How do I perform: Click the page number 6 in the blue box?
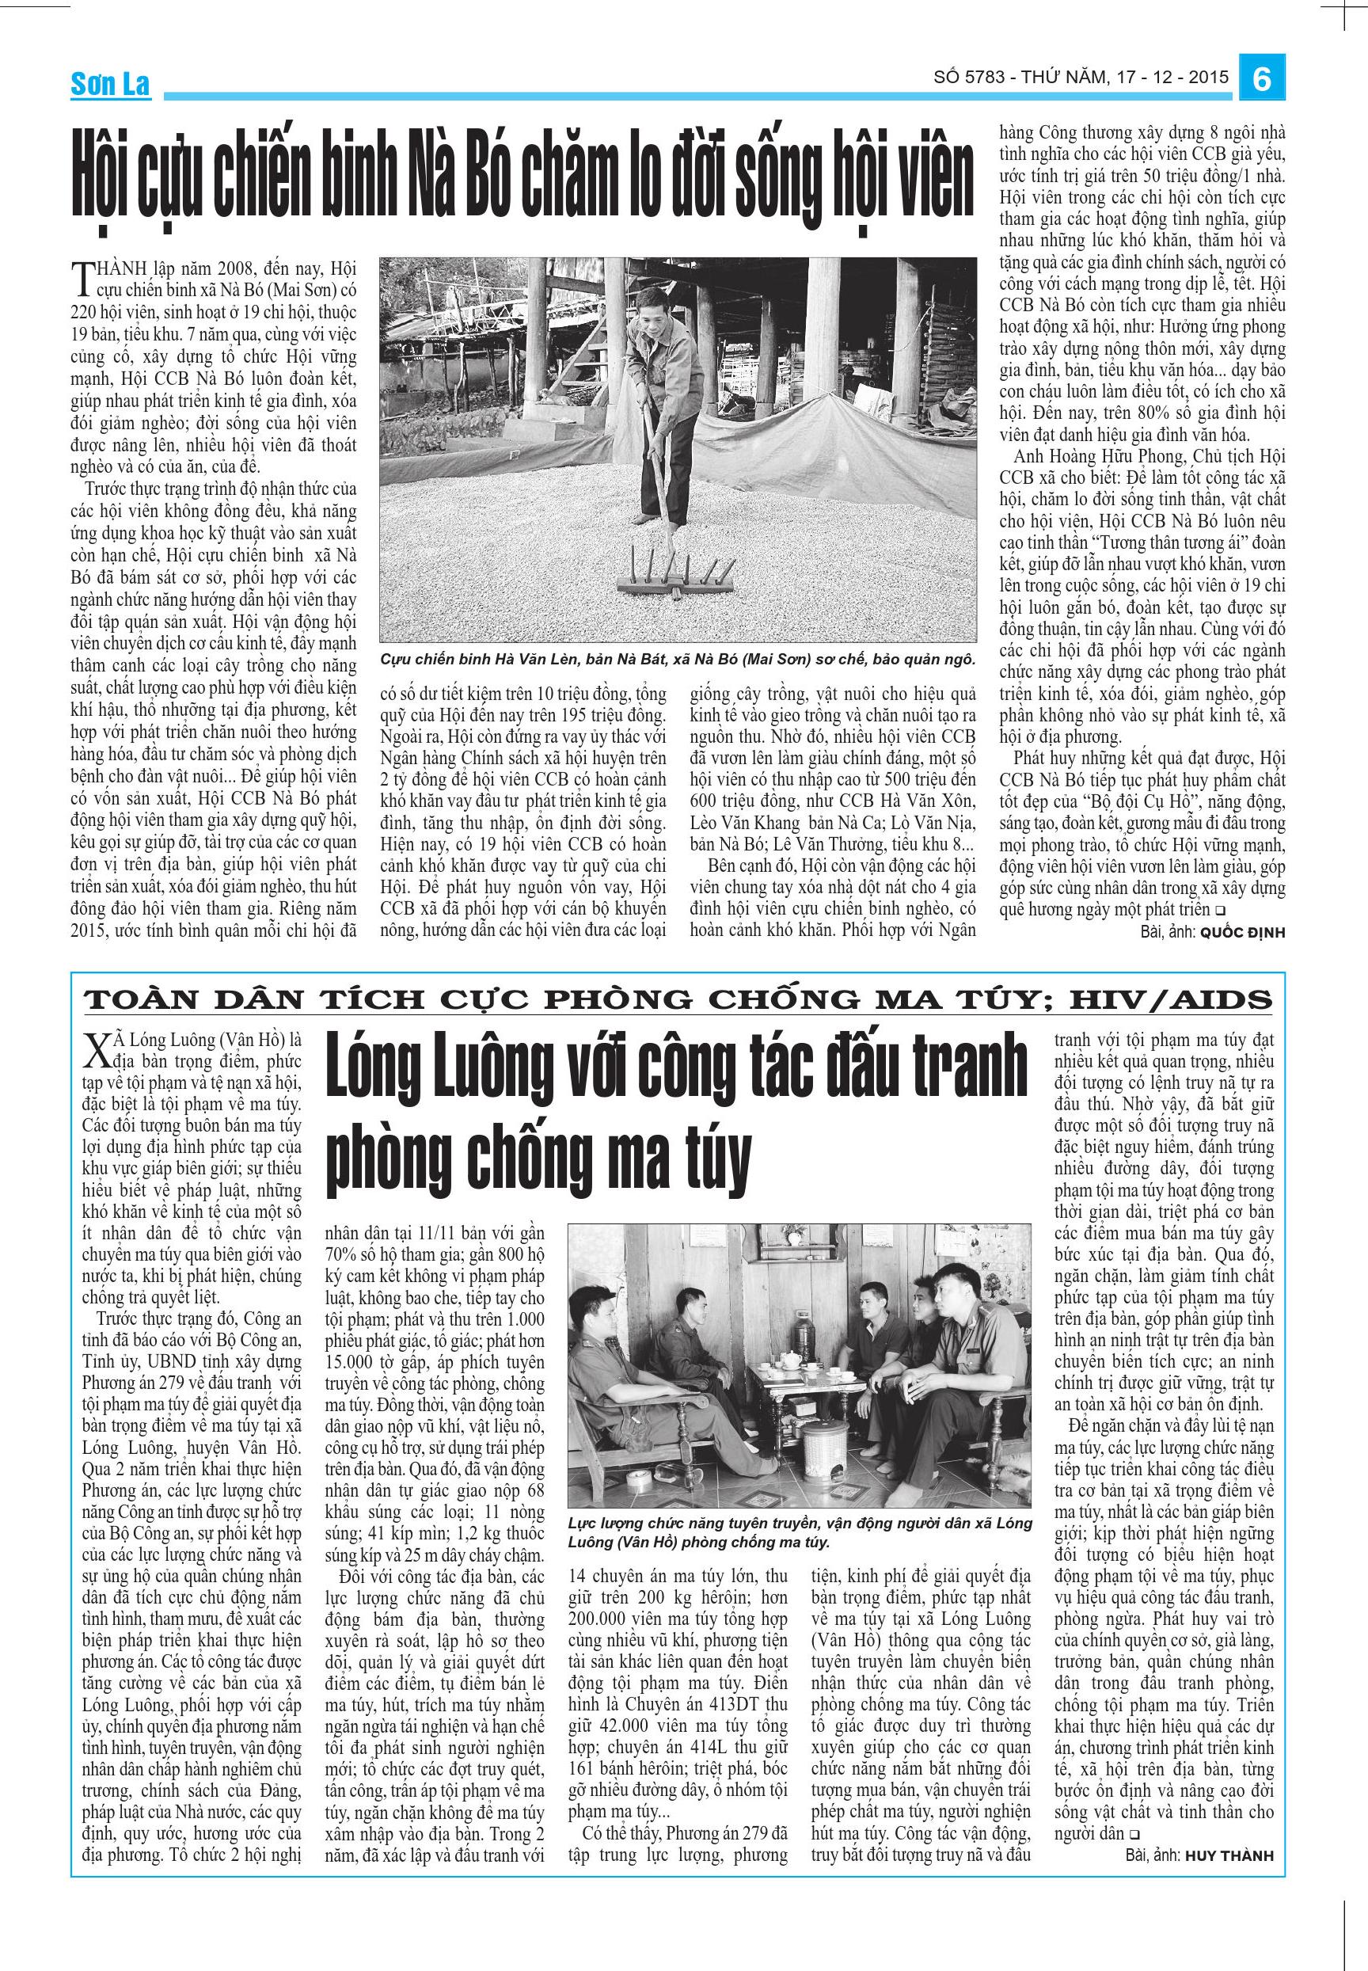tap(1261, 80)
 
